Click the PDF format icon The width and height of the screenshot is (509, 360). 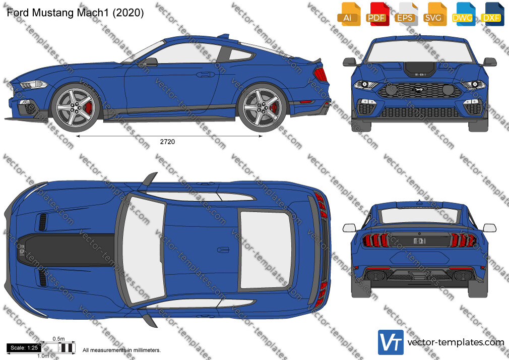pos(377,14)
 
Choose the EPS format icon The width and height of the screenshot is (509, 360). pos(406,14)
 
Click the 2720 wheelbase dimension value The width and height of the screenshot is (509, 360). pos(167,142)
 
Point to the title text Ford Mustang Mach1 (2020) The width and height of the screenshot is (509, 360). pos(75,13)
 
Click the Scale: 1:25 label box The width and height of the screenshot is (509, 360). pos(24,348)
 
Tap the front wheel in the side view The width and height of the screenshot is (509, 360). pos(76,107)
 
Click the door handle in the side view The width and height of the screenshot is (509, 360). pos(206,75)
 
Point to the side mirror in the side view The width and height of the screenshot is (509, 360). pos(150,62)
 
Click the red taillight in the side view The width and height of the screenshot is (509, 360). pos(321,75)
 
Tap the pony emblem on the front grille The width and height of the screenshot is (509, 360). pos(419,90)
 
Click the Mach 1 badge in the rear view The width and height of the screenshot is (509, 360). pos(419,241)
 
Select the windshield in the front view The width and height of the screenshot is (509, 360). pos(419,51)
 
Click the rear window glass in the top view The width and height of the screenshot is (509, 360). pos(266,250)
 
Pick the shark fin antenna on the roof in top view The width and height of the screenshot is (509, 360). pos(223,250)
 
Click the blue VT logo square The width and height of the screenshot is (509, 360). pos(391,342)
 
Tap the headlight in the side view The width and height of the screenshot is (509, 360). pos(33,85)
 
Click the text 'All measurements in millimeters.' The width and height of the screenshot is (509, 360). pos(121,350)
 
